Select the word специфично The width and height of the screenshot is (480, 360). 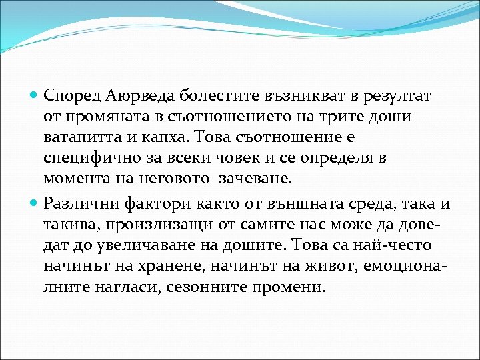tap(89, 159)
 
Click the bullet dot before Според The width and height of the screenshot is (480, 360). tap(35, 96)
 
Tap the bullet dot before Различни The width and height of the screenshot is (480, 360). tap(35, 203)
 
